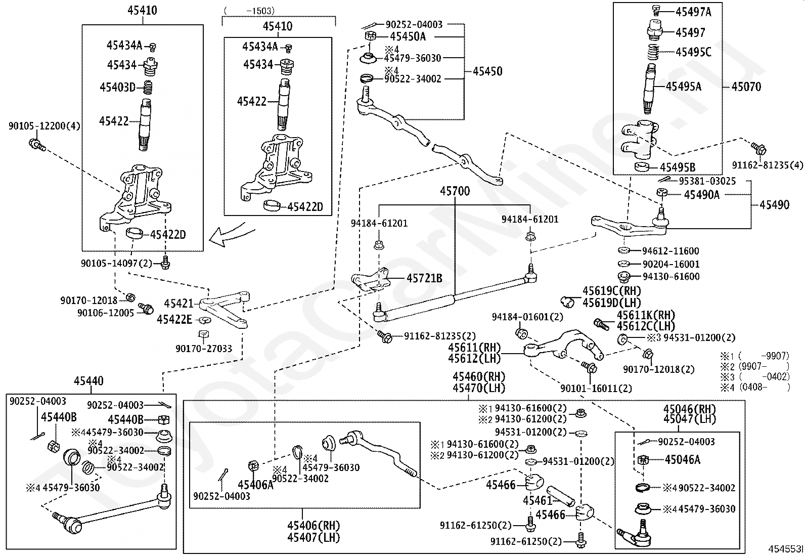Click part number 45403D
(x=117, y=87)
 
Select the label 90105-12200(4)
(x=44, y=125)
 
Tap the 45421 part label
(x=178, y=304)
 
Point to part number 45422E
(x=174, y=319)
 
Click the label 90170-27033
(x=204, y=349)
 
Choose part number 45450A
(x=408, y=36)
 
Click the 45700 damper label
(x=455, y=191)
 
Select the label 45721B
(x=424, y=278)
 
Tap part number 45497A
(x=693, y=12)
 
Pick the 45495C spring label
(x=693, y=52)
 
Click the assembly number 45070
(x=746, y=87)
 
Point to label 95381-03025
(x=707, y=181)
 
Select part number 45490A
(x=701, y=194)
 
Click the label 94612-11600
(x=670, y=250)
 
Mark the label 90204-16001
(x=670, y=264)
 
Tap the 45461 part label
(x=537, y=500)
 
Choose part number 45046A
(x=682, y=459)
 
